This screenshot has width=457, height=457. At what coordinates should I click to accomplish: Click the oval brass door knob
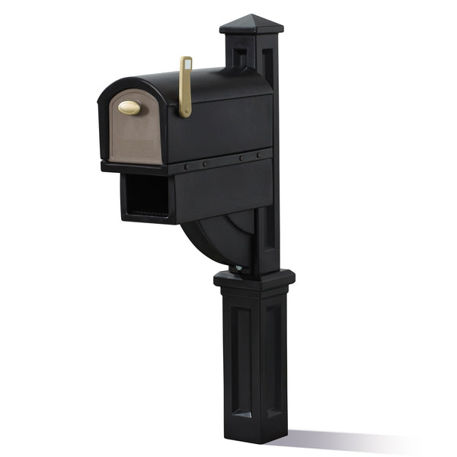tap(129, 108)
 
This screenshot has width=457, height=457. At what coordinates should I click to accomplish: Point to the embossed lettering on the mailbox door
tap(136, 142)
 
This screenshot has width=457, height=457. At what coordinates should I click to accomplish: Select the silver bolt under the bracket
tap(240, 267)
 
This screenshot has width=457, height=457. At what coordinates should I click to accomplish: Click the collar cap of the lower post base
tap(254, 280)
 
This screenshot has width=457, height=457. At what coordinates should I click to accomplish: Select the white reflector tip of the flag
tap(186, 60)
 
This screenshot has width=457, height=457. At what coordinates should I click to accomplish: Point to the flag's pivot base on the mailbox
tap(185, 113)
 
